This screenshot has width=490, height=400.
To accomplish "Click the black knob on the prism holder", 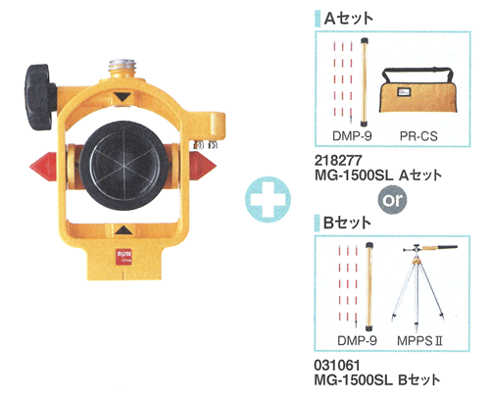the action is click(x=39, y=97).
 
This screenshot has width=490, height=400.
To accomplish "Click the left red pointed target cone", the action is click(x=43, y=166).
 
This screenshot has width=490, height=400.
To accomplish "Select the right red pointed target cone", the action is click(x=203, y=166).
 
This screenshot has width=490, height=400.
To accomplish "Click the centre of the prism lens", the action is click(x=124, y=166).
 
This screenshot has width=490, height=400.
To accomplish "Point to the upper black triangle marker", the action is click(x=122, y=97).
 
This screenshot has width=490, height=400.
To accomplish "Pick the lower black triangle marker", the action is click(x=123, y=229).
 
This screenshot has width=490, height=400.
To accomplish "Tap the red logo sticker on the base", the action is click(x=123, y=256).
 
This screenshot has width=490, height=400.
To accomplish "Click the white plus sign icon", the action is click(x=268, y=200).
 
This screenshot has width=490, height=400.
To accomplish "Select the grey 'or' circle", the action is click(x=392, y=200).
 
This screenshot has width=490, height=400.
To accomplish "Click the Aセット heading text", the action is click(x=349, y=19).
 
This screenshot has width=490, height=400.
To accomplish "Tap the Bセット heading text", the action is click(x=347, y=223).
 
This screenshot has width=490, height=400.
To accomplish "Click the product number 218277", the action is click(x=338, y=160).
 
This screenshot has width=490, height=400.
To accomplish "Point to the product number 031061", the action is click(x=337, y=365).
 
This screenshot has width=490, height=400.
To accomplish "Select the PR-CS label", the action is click(x=418, y=136).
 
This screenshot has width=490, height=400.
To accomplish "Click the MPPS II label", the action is click(x=419, y=341).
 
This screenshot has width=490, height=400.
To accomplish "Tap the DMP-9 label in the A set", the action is click(x=352, y=135).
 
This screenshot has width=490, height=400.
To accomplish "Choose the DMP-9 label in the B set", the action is click(x=357, y=340).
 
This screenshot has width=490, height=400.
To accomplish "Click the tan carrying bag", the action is click(x=418, y=91).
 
